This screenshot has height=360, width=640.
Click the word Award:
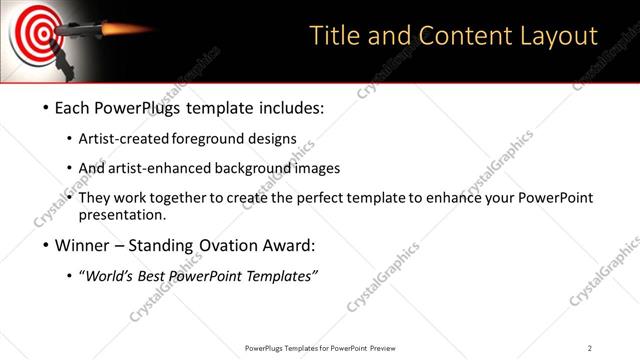tap(285, 246)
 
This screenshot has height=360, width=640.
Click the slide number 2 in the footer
tap(590, 347)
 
